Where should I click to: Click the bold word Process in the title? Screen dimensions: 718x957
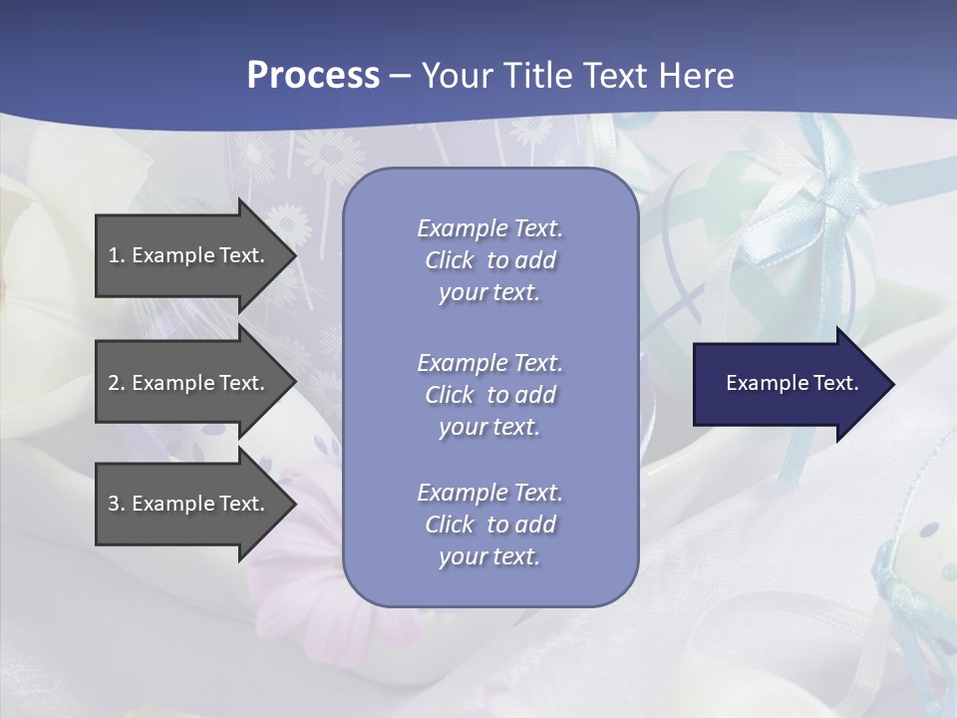point(313,76)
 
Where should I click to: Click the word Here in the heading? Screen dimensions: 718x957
point(694,76)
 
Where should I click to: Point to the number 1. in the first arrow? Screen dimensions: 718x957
point(117,255)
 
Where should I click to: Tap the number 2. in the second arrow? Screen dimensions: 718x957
point(117,383)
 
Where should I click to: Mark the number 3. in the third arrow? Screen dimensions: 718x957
point(117,504)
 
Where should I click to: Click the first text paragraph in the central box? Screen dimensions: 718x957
point(489,260)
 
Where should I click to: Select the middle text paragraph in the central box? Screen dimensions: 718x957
point(489,395)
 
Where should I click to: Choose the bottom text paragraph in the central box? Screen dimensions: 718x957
point(489,525)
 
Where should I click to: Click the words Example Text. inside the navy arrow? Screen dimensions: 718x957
point(793,383)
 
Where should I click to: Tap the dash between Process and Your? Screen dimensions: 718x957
point(400,77)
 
